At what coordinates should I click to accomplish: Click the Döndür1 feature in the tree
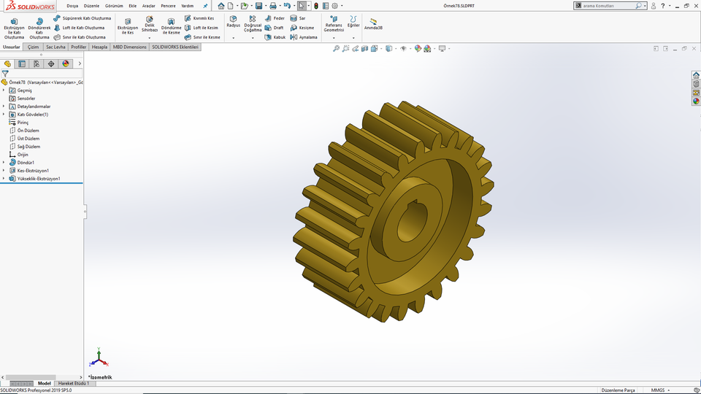(x=26, y=163)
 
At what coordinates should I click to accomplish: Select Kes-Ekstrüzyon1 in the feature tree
(x=32, y=171)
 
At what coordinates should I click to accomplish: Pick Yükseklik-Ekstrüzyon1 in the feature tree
(x=38, y=179)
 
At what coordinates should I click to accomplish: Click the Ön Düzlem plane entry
(x=28, y=131)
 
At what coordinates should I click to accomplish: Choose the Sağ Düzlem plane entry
(x=28, y=147)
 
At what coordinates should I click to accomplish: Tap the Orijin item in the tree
(x=22, y=155)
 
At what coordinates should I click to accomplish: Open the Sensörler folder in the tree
(x=26, y=98)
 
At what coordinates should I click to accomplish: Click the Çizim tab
(x=34, y=47)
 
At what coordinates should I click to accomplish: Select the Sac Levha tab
(x=55, y=47)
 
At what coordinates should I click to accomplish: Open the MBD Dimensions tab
(x=130, y=47)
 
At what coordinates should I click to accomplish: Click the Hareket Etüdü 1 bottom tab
(x=74, y=383)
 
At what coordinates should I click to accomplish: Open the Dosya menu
(x=72, y=6)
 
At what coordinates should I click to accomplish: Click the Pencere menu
(x=168, y=6)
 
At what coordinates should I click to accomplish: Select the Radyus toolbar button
(x=233, y=22)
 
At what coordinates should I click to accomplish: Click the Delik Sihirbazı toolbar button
(x=149, y=23)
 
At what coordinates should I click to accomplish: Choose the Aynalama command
(x=303, y=37)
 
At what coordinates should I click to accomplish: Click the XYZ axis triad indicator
(x=99, y=360)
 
